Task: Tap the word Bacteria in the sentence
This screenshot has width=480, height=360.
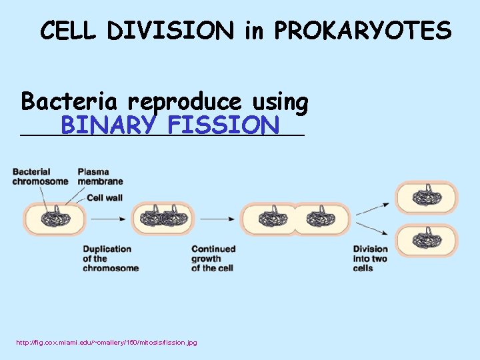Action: pyautogui.click(x=70, y=102)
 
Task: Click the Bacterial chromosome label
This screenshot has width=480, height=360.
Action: pyautogui.click(x=40, y=177)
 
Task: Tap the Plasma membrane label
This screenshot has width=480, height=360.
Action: pyautogui.click(x=100, y=177)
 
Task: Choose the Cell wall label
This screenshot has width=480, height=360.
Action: pyautogui.click(x=105, y=197)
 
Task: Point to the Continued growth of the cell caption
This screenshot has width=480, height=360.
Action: pyautogui.click(x=213, y=258)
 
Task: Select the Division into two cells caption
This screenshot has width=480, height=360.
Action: pyautogui.click(x=370, y=258)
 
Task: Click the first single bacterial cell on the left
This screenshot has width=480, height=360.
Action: pyautogui.click(x=55, y=219)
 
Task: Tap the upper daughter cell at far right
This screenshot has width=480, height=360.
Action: pyautogui.click(x=427, y=197)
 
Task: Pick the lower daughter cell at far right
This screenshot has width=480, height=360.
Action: pyautogui.click(x=427, y=240)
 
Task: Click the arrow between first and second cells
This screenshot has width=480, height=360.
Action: pyautogui.click(x=109, y=219)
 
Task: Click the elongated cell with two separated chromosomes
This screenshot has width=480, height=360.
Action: pyautogui.click(x=295, y=219)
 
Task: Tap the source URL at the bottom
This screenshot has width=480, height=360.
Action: pyautogui.click(x=107, y=342)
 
